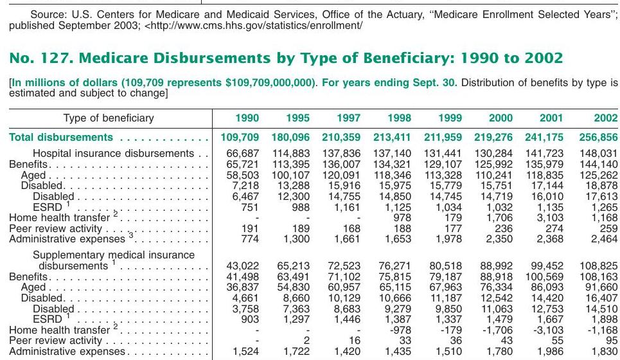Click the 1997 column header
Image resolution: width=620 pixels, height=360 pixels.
pos(348,118)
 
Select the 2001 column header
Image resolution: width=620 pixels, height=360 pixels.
pos(551,118)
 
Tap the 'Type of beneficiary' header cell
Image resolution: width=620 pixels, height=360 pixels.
pos(109,118)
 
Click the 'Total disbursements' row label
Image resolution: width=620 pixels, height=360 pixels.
pos(61,138)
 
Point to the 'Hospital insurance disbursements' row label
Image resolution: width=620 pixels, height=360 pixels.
pos(114,153)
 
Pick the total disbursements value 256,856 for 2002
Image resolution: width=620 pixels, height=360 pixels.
pos(598,138)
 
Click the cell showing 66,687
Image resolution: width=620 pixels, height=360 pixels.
pos(242,153)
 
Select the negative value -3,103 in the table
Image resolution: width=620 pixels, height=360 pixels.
pos(547,330)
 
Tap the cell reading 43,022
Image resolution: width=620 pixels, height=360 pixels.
pos(242,266)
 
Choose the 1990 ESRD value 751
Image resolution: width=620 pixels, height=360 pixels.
pos(249,207)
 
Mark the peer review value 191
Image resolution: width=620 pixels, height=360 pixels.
pos(249,228)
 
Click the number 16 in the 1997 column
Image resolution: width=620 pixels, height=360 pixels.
pos(355,341)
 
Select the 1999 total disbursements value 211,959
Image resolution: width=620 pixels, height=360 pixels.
pos(443,138)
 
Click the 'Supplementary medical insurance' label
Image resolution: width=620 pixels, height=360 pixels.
pos(114,255)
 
